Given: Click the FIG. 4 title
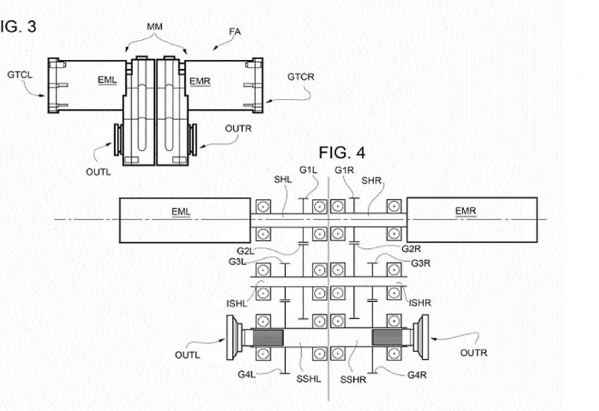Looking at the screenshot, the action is [x=342, y=153].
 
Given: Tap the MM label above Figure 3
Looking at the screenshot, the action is [x=154, y=26].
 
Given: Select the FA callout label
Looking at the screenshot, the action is [x=235, y=31].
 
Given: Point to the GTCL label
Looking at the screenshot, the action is [x=20, y=75].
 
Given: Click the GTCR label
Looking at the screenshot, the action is [x=301, y=77].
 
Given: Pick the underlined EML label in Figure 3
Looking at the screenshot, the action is [x=108, y=81].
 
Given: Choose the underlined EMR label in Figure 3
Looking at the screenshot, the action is [x=200, y=82].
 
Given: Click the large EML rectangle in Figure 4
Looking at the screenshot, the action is [x=185, y=220].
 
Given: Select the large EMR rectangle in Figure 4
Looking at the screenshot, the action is [x=472, y=220].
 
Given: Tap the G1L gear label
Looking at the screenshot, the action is [x=308, y=170].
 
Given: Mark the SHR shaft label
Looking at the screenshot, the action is [x=372, y=180].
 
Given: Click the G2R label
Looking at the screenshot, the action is [x=411, y=249].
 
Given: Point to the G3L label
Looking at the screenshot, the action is [x=237, y=262].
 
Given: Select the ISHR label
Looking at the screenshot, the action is [x=420, y=303].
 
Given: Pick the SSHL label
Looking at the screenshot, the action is [x=309, y=380].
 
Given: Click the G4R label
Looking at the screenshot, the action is [x=417, y=375].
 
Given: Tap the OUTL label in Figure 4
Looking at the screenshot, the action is [x=187, y=355].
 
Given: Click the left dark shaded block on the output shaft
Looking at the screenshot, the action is [x=268, y=338].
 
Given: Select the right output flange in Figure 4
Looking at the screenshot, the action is [x=421, y=337].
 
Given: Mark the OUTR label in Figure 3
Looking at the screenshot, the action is [x=238, y=129].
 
